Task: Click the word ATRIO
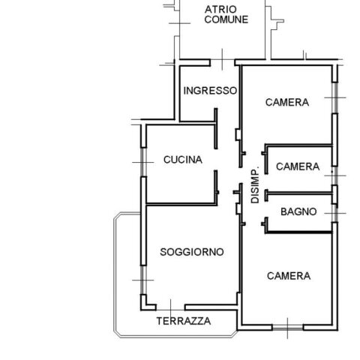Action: click(x=220, y=10)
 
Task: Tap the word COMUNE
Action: click(x=226, y=19)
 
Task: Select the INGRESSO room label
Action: click(x=210, y=91)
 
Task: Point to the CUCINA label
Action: click(x=183, y=160)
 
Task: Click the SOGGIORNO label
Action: click(x=192, y=252)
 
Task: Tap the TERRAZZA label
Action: click(x=184, y=321)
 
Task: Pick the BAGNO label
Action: click(x=298, y=211)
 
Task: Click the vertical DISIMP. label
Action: click(x=255, y=184)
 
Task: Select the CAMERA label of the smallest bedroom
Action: click(x=298, y=166)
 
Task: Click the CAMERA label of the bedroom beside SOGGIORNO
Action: click(x=289, y=276)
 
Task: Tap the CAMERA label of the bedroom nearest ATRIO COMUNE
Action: click(x=287, y=102)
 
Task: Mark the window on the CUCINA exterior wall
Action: click(x=143, y=162)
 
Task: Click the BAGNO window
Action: click(x=335, y=214)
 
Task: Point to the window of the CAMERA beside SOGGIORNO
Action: click(x=287, y=328)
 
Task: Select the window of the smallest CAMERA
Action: click(x=335, y=175)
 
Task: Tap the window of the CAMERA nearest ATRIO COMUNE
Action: click(x=335, y=97)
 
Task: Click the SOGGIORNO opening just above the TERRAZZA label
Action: click(x=170, y=307)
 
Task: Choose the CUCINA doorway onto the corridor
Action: click(x=216, y=160)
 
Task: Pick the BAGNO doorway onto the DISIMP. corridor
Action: click(x=266, y=209)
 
